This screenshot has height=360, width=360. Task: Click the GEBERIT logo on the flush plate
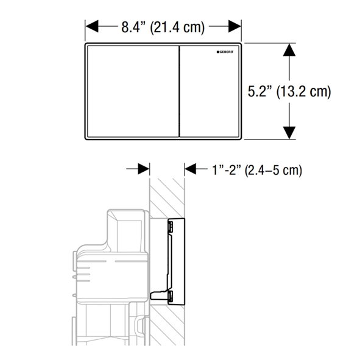[225, 52]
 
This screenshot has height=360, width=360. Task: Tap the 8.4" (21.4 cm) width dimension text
[163, 27]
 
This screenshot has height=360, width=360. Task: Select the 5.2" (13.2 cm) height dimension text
[289, 91]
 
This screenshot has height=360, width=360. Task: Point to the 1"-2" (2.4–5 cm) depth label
[257, 170]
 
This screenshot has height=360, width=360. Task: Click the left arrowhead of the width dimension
[92, 26]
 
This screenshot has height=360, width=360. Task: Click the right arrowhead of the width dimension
[235, 26]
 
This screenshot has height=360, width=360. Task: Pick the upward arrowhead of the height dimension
[289, 50]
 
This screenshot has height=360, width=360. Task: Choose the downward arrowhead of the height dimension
[289, 133]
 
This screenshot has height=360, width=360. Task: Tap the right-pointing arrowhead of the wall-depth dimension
[144, 169]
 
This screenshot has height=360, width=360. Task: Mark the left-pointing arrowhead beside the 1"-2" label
[191, 169]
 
